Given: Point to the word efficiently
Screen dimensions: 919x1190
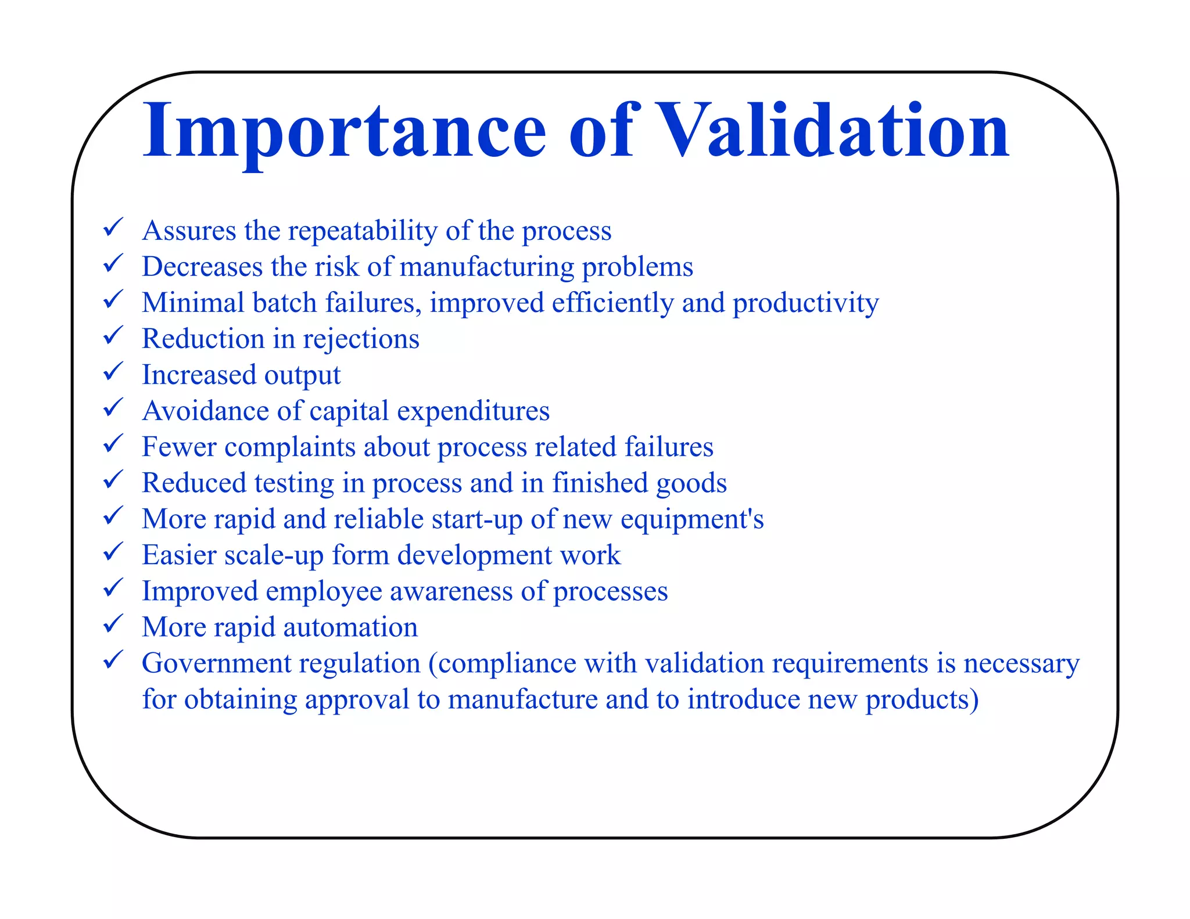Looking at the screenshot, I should [612, 303].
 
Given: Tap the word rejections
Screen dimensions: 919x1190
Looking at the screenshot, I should [361, 340].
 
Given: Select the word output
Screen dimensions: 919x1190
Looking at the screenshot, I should [302, 376].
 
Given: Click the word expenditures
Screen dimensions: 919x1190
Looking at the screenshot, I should [473, 412].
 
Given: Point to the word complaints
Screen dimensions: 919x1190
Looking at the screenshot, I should [290, 448].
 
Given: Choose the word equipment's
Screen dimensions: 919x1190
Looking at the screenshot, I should [691, 520].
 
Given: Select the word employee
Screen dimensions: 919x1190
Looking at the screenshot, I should [324, 592].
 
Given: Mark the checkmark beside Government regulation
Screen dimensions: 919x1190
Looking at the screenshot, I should [112, 659].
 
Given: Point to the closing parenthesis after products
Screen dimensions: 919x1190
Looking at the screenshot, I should [974, 700].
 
